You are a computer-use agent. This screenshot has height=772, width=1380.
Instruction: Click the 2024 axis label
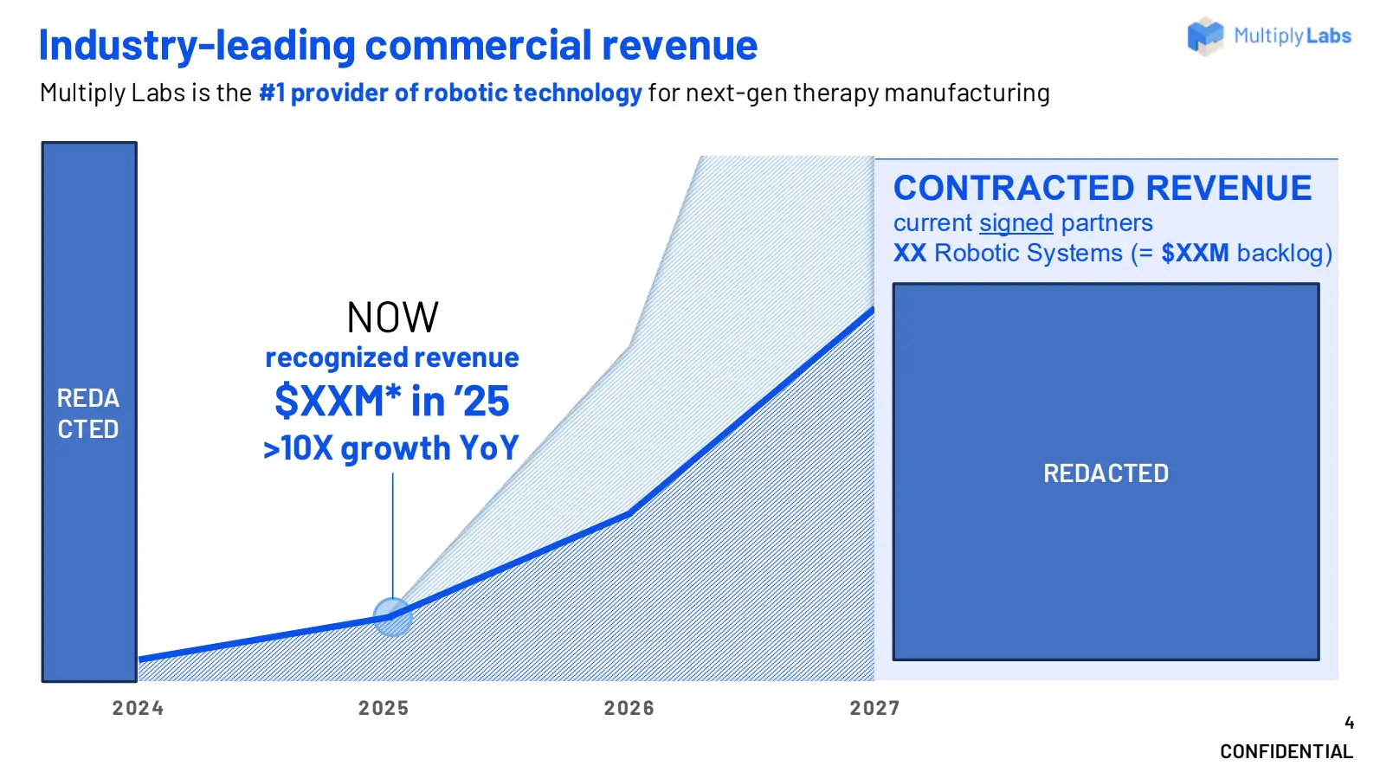click(x=138, y=708)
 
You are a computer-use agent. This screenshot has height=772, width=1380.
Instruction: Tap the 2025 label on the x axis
click(x=384, y=708)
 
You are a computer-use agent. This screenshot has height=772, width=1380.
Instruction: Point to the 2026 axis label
click(x=629, y=708)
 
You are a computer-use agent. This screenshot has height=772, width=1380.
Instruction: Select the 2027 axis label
click(x=874, y=708)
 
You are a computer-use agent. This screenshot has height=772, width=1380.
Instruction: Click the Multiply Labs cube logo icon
click(x=1205, y=35)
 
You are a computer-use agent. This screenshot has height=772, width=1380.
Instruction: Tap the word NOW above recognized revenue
click(x=392, y=318)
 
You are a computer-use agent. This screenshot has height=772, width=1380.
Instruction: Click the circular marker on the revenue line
click(x=392, y=617)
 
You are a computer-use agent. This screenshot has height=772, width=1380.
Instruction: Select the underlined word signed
click(x=1016, y=222)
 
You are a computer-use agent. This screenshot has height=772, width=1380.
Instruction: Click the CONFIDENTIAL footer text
click(x=1286, y=752)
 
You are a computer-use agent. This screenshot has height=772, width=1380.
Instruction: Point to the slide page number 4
click(x=1349, y=723)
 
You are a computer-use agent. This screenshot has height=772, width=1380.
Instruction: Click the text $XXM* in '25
click(x=392, y=401)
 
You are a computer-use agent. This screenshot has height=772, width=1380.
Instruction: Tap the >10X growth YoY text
click(x=391, y=447)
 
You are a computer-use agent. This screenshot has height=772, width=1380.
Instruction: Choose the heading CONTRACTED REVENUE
click(x=1103, y=188)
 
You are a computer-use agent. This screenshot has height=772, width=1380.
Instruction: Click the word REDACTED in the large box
click(x=1106, y=473)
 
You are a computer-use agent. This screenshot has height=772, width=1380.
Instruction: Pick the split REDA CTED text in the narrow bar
click(x=88, y=414)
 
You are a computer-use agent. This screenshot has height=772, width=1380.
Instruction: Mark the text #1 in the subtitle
click(x=272, y=93)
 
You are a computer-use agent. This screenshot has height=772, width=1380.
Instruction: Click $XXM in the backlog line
click(x=1195, y=253)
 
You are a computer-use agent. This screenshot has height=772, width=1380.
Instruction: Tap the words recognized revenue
click(x=392, y=357)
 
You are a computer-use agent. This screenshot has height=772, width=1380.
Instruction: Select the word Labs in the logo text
click(x=1329, y=35)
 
